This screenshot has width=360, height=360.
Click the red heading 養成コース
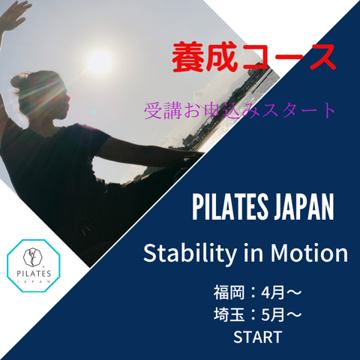pyautogui.click(x=253, y=58)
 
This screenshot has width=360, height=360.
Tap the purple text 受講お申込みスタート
pyautogui.click(x=239, y=110)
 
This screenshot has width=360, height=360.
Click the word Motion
pyautogui.click(x=309, y=253)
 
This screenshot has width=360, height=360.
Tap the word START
pyautogui.click(x=258, y=337)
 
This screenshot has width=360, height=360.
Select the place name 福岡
pyautogui.click(x=229, y=292)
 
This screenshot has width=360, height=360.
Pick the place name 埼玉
pyautogui.click(x=229, y=314)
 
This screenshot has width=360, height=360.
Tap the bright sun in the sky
pyautogui.click(x=100, y=61)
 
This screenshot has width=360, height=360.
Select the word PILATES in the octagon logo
pyautogui.click(x=34, y=273)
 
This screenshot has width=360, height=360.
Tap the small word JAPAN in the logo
pyautogui.click(x=34, y=281)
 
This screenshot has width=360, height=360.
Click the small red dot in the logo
pyautogui.click(x=43, y=266)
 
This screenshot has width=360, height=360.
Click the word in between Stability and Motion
pyautogui.click(x=253, y=253)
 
